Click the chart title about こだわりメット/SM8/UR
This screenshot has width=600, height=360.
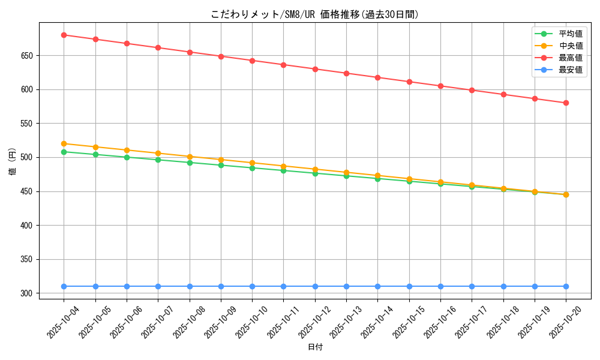click(x=314, y=14)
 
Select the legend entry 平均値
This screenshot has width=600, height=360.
click(x=570, y=34)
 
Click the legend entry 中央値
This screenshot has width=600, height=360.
click(x=570, y=46)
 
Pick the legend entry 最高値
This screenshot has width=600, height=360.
click(x=570, y=58)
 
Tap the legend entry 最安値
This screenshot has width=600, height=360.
click(x=570, y=70)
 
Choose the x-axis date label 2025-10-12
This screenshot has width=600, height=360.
click(x=314, y=322)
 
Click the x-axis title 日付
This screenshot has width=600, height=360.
click(x=315, y=347)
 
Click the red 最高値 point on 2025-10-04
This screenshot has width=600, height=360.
click(x=64, y=35)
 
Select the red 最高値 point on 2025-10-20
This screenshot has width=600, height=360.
click(x=566, y=103)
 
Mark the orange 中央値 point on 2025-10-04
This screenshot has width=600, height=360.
click(x=64, y=143)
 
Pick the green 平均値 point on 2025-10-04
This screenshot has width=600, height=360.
click(x=64, y=152)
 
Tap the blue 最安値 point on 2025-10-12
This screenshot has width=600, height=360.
click(x=315, y=286)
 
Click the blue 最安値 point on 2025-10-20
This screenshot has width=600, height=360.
click(x=566, y=286)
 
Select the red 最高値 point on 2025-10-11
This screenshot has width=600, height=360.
click(x=283, y=65)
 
